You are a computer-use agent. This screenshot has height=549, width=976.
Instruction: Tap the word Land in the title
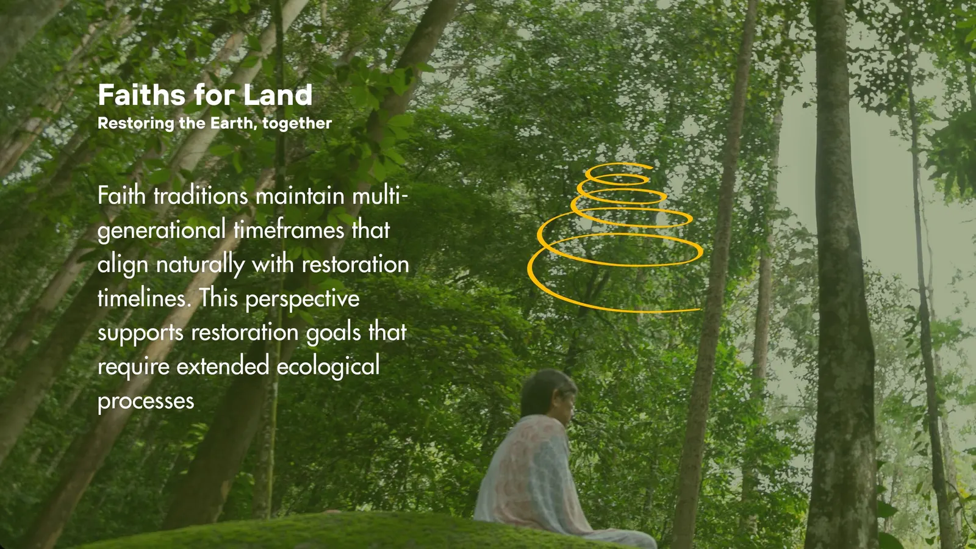(278, 95)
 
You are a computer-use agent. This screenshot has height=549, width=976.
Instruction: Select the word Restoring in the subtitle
(136, 124)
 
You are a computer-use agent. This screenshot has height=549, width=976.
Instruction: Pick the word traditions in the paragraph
(201, 196)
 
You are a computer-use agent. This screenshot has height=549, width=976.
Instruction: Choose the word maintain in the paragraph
(300, 196)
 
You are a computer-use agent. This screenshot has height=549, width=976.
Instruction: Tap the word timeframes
(289, 229)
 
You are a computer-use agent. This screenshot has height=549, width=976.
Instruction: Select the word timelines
(144, 298)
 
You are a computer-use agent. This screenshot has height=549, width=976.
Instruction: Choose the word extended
(223, 366)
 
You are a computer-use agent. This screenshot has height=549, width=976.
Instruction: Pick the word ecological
(328, 367)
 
